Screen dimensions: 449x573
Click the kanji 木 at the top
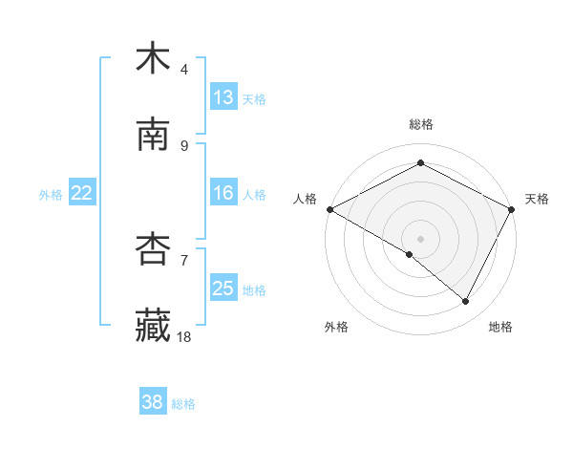[153, 59]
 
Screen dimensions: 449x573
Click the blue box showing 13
[223, 97]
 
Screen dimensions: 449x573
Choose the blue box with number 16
[223, 193]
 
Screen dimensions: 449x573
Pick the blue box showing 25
[223, 289]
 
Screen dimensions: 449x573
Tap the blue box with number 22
[82, 193]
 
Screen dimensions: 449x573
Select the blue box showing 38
[153, 402]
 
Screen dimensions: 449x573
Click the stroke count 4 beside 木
[184, 70]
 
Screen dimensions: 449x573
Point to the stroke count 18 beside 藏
[185, 337]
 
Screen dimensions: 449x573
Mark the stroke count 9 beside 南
[184, 146]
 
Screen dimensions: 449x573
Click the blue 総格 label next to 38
[183, 404]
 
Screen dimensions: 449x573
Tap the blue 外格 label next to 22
[51, 195]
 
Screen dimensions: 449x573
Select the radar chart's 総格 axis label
[421, 124]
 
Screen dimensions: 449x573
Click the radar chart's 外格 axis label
[336, 328]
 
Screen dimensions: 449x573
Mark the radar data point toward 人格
[329, 209]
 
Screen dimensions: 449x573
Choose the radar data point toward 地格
[466, 302]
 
